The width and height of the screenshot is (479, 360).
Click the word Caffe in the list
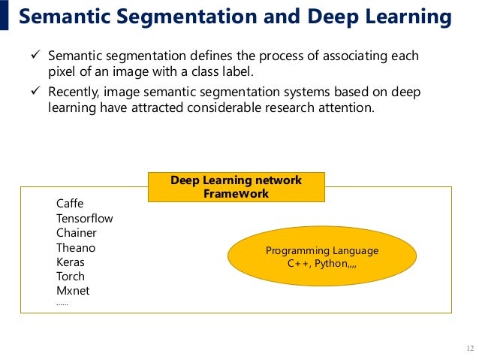[70, 204]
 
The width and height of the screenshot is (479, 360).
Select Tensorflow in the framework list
[84, 218]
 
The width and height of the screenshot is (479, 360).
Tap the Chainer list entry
[76, 233]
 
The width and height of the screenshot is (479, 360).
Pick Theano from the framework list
[76, 247]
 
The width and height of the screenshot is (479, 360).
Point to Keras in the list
[71, 262]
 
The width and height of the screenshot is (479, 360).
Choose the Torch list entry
[71, 277]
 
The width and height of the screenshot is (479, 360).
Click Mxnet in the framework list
[73, 291]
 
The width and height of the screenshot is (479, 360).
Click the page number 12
[470, 348]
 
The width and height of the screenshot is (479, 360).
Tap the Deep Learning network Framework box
[236, 187]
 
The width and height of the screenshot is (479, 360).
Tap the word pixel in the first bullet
[62, 71]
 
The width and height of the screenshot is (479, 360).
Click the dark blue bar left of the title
[5, 15]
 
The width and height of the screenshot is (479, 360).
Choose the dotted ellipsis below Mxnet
[62, 304]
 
